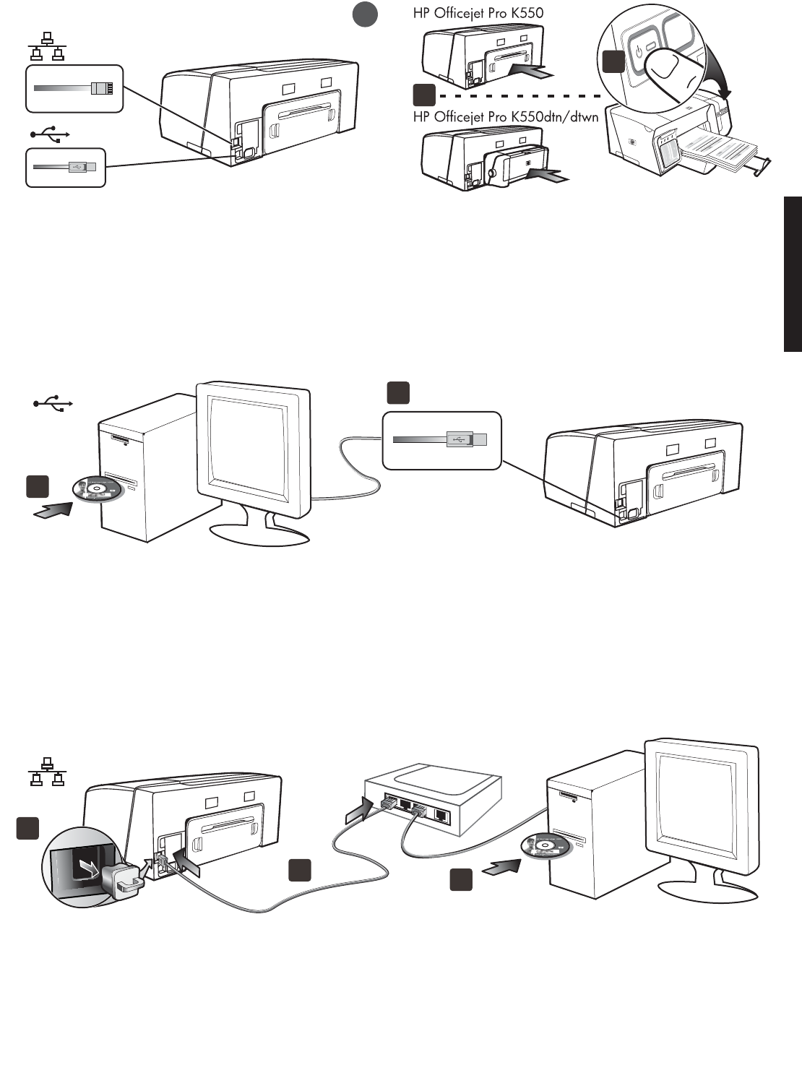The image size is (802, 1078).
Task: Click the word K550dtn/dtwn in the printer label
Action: pyautogui.click(x=554, y=116)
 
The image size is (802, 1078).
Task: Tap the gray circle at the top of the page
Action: pyautogui.click(x=366, y=14)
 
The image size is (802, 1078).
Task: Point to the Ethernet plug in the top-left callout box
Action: pyautogui.click(x=101, y=88)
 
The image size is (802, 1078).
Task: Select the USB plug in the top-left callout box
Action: pyautogui.click(x=81, y=167)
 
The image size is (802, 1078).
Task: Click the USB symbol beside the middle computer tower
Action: pyautogui.click(x=52, y=405)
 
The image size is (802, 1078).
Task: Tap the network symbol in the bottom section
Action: pyautogui.click(x=47, y=771)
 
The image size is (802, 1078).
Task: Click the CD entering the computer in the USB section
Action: pyautogui.click(x=99, y=489)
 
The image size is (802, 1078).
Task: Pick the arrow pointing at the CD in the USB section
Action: pyautogui.click(x=53, y=510)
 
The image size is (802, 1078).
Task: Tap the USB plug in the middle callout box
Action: pyautogui.click(x=467, y=439)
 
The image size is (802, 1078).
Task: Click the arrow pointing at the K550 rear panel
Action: pyautogui.click(x=535, y=70)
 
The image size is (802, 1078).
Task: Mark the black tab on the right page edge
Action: pyautogui.click(x=793, y=274)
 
